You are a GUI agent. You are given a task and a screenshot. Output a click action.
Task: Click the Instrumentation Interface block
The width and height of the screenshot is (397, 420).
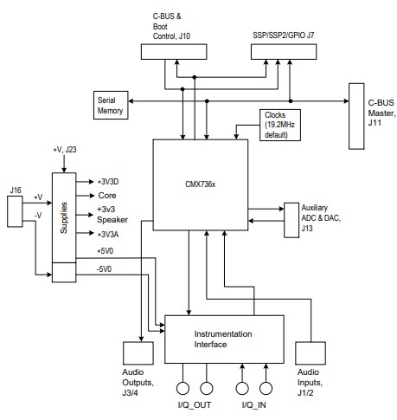click(x=223, y=339)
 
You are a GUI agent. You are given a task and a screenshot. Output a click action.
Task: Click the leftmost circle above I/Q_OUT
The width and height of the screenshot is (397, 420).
click(x=183, y=388)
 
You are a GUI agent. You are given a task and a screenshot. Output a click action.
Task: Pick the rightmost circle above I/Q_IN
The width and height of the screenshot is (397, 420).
click(x=266, y=388)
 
